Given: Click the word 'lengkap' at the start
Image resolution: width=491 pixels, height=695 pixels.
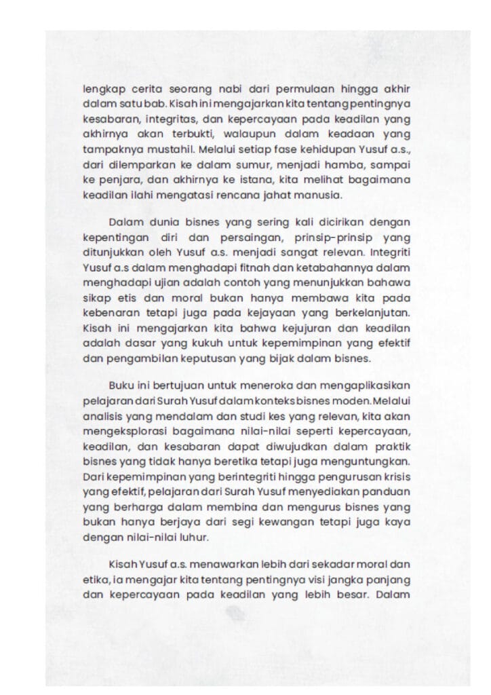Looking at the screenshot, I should coord(100,89).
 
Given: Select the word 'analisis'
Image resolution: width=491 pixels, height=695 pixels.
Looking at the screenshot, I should coord(102,415).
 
